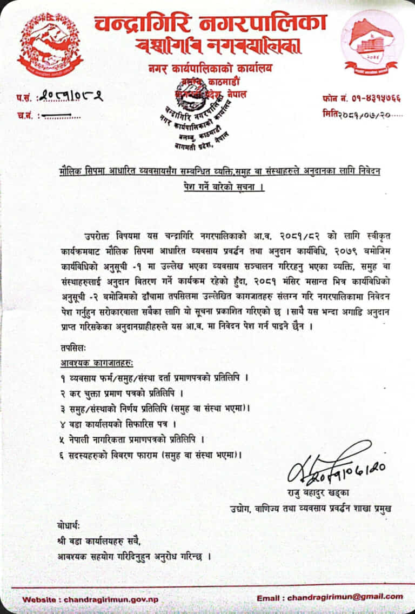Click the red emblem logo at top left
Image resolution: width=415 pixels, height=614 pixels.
50,44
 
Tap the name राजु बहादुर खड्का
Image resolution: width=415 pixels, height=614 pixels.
319,492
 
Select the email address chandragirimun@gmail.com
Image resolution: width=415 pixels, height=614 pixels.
345,597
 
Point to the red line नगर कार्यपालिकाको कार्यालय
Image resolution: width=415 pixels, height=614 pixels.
211,69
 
